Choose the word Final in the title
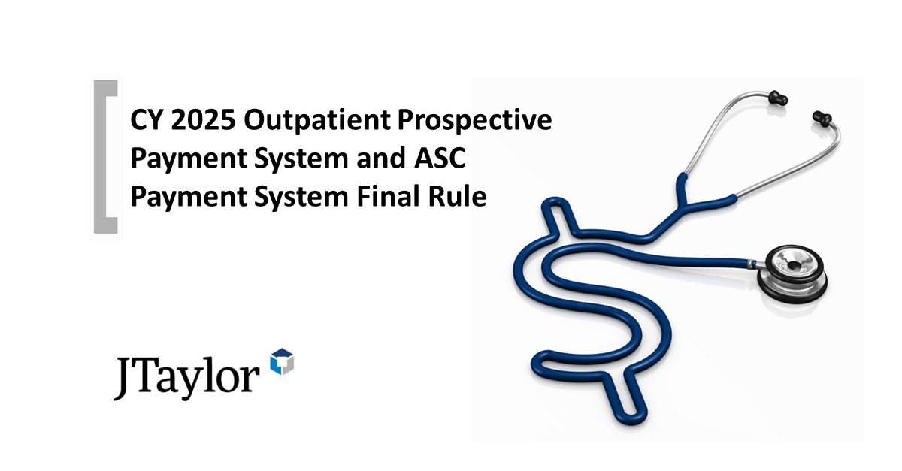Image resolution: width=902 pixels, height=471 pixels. pos(398,198)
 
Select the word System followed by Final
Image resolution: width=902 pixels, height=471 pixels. pos(299,198)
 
